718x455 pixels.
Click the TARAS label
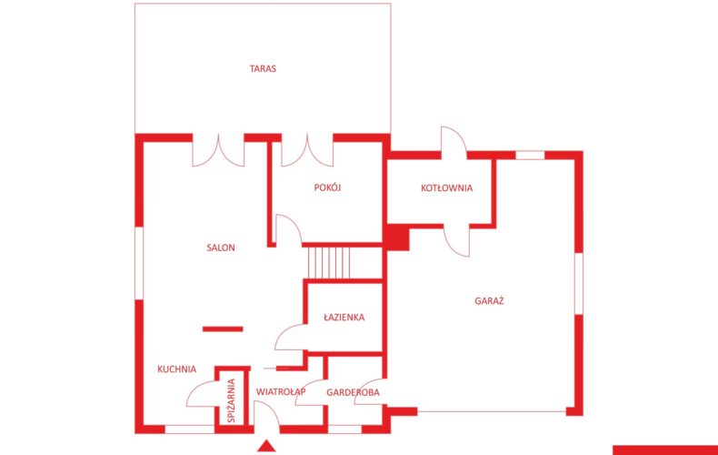coord(263,69)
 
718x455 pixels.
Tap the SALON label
coord(221,248)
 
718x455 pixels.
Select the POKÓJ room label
coord(327,187)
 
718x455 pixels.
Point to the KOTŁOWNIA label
coord(446,187)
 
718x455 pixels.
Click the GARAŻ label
coord(489,301)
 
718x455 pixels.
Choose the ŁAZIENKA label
coord(344,317)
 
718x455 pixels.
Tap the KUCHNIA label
coord(176,369)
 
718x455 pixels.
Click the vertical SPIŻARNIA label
coord(231,400)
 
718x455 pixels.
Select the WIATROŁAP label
coord(281,391)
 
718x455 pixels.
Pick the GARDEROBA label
coord(353,392)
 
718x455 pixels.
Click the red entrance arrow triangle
coord(266,446)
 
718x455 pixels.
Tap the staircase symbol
coord(329,262)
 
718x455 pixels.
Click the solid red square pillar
coord(397,238)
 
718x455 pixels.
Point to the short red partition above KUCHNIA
coord(223,329)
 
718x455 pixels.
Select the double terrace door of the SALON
coord(218,149)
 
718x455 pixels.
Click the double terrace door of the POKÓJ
coord(307,149)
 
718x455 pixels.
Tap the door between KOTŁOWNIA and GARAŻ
coord(456,241)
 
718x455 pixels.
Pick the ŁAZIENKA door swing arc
coord(290,337)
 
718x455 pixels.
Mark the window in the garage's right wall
coord(579,283)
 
